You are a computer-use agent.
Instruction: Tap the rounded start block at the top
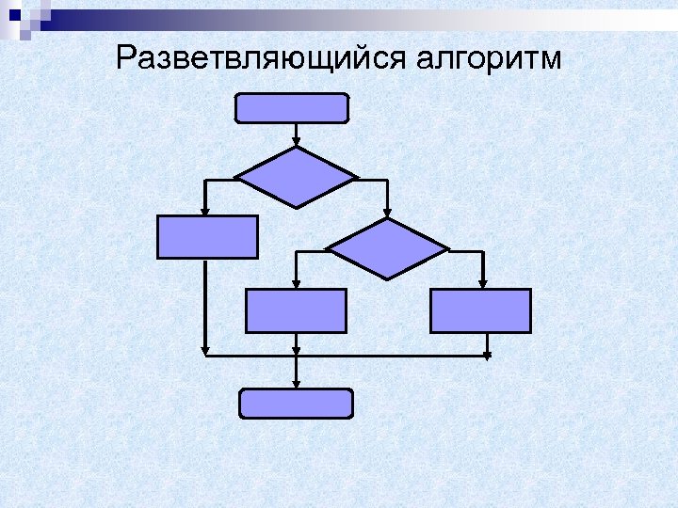pos(291,109)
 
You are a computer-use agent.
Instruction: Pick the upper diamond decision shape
pos(296,177)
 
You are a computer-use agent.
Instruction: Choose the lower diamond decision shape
pos(387,249)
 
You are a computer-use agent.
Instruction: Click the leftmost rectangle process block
pos(207,237)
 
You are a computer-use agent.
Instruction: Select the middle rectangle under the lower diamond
pos(296,310)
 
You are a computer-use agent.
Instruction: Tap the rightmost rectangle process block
pos(480,310)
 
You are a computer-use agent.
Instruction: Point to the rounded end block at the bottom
pos(296,404)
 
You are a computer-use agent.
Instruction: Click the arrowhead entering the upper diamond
pos(296,142)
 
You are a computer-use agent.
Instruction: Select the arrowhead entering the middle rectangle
pos(296,284)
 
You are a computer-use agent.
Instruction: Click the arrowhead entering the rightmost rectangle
pos(482,284)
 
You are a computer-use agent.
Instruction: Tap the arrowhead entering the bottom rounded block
pos(297,385)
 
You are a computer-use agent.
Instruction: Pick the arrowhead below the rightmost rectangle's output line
pos(487,357)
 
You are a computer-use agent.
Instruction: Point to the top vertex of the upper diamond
pos(296,147)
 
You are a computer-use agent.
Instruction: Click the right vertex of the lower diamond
pos(448,249)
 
